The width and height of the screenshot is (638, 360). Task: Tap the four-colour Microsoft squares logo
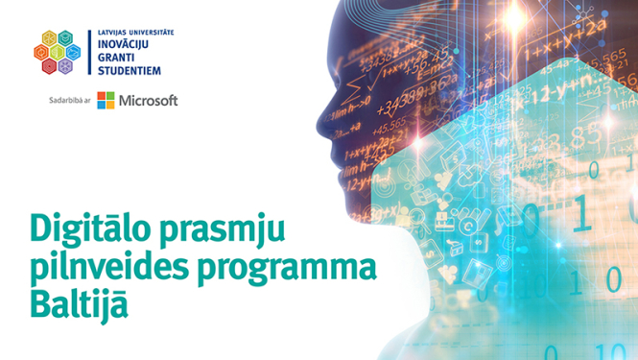[106, 101]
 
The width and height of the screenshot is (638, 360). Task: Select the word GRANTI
[117, 57]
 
